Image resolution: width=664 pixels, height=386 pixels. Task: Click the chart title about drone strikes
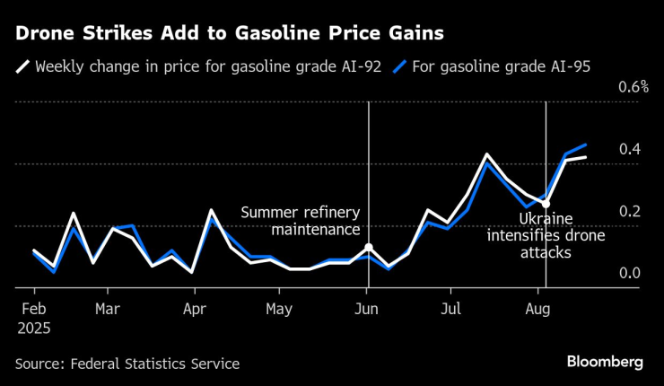(228, 33)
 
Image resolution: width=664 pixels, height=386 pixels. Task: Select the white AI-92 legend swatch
(22, 66)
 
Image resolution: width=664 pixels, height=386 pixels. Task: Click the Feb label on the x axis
(34, 309)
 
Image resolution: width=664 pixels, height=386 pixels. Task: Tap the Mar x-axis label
(108, 309)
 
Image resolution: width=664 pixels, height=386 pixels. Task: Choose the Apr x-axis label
(195, 309)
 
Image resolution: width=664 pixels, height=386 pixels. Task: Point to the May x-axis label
(279, 309)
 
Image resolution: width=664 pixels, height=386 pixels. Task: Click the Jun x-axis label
(367, 309)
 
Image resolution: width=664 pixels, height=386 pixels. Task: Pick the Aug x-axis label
(537, 309)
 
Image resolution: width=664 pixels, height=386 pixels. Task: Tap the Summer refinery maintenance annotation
(300, 222)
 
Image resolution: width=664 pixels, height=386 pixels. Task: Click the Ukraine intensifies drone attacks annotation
(546, 235)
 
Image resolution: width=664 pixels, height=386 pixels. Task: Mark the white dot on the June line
(368, 247)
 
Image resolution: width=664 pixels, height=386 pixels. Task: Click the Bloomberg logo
(605, 361)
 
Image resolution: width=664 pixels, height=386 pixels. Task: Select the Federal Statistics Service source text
(127, 364)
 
